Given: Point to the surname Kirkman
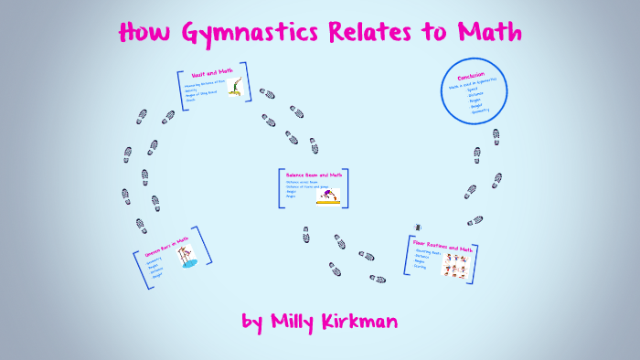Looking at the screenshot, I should [367, 322].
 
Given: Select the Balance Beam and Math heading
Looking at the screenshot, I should [313, 175].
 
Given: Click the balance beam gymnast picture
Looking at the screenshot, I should [327, 195].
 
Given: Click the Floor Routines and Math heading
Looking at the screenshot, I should [443, 246].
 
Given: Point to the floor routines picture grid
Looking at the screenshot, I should [455, 265].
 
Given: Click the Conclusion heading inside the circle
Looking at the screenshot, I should [473, 73].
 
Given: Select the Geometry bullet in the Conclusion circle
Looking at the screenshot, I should [479, 111].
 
